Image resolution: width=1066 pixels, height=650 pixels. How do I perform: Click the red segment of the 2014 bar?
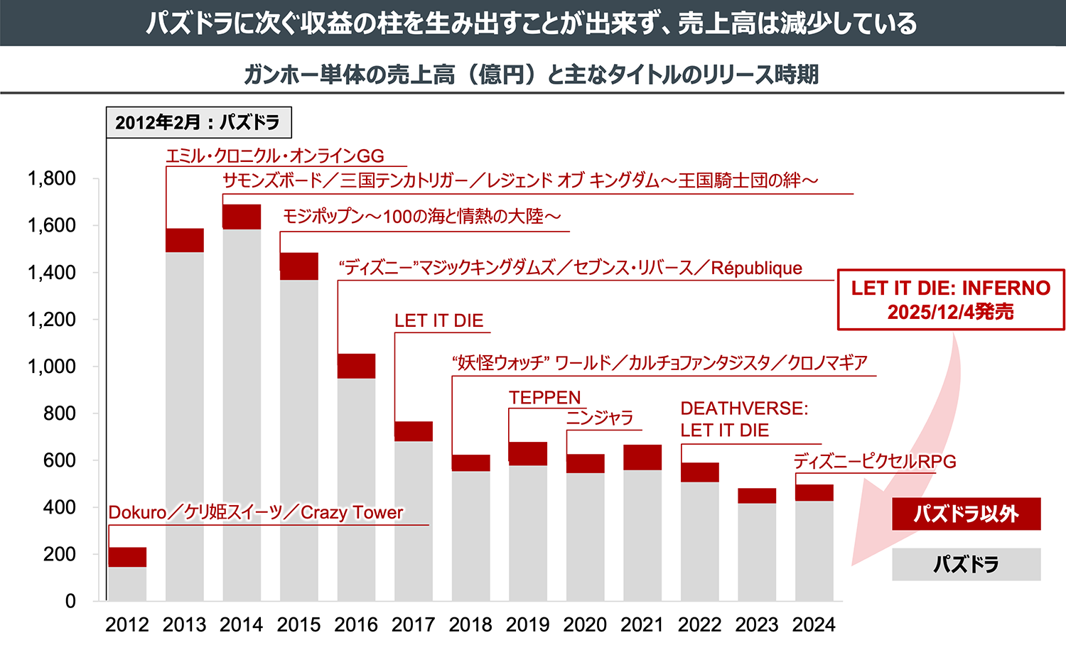pos(242,217)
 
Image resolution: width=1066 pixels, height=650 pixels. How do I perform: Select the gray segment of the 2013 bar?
pos(185,426)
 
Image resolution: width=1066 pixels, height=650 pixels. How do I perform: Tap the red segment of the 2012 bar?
pos(127,557)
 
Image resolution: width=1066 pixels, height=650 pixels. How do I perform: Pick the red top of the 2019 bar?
pos(528,453)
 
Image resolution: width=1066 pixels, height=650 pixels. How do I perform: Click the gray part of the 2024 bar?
pos(814,551)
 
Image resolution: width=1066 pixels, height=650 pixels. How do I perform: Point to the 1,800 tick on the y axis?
pos(51,178)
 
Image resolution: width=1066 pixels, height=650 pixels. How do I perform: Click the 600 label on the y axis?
pos(59,460)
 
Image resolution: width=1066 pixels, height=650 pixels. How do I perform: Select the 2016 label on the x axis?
pos(356,625)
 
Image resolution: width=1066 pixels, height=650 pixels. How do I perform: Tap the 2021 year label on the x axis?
pos(642,625)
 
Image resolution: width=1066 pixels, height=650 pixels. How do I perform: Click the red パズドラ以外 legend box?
pos(966,514)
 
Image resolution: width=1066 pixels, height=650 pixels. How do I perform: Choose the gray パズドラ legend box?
pos(966,564)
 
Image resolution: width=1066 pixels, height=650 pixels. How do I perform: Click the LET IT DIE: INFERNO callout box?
pos(950,299)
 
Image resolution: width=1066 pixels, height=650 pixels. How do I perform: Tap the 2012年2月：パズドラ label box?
pos(198,122)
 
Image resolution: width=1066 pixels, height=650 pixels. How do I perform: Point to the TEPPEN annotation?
pos(544,398)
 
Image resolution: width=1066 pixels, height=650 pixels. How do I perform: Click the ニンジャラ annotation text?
pos(600,418)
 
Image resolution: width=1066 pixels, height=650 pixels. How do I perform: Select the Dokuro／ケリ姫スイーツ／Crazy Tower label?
pos(256,512)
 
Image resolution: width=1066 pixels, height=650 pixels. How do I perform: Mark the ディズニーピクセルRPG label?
pos(875,462)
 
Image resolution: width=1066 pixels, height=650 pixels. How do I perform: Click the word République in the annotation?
pos(756,268)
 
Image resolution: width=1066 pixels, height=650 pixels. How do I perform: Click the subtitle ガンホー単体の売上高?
pos(348,74)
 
